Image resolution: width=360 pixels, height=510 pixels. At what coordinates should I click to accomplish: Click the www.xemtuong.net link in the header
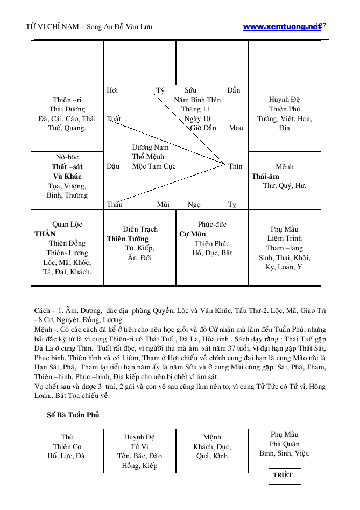[x=281, y=26]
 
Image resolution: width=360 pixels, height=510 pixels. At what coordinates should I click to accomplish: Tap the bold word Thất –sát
[x=67, y=167]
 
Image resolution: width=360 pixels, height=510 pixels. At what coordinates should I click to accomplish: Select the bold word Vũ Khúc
[x=67, y=177]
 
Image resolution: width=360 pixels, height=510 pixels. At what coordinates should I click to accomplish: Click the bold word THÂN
[x=45, y=234]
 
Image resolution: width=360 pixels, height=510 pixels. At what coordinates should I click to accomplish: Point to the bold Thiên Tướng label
[x=128, y=239]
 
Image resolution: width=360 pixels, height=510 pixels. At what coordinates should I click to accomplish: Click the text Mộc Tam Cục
[x=154, y=166]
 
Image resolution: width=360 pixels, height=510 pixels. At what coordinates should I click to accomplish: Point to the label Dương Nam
[x=150, y=147]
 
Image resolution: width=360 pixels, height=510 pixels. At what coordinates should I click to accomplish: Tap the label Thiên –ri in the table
[x=67, y=100]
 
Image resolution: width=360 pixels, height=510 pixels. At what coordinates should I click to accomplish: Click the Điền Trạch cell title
[x=140, y=229]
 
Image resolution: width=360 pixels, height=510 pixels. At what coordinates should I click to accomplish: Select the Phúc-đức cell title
[x=212, y=225]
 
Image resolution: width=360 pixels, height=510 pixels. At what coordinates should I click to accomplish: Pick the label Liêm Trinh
[x=285, y=239]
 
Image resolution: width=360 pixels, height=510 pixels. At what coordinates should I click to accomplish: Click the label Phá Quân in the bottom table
[x=285, y=444]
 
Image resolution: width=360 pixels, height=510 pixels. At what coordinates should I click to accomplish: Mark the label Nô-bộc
[x=67, y=157]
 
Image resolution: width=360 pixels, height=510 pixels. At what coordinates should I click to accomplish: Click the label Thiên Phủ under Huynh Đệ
[x=285, y=109]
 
